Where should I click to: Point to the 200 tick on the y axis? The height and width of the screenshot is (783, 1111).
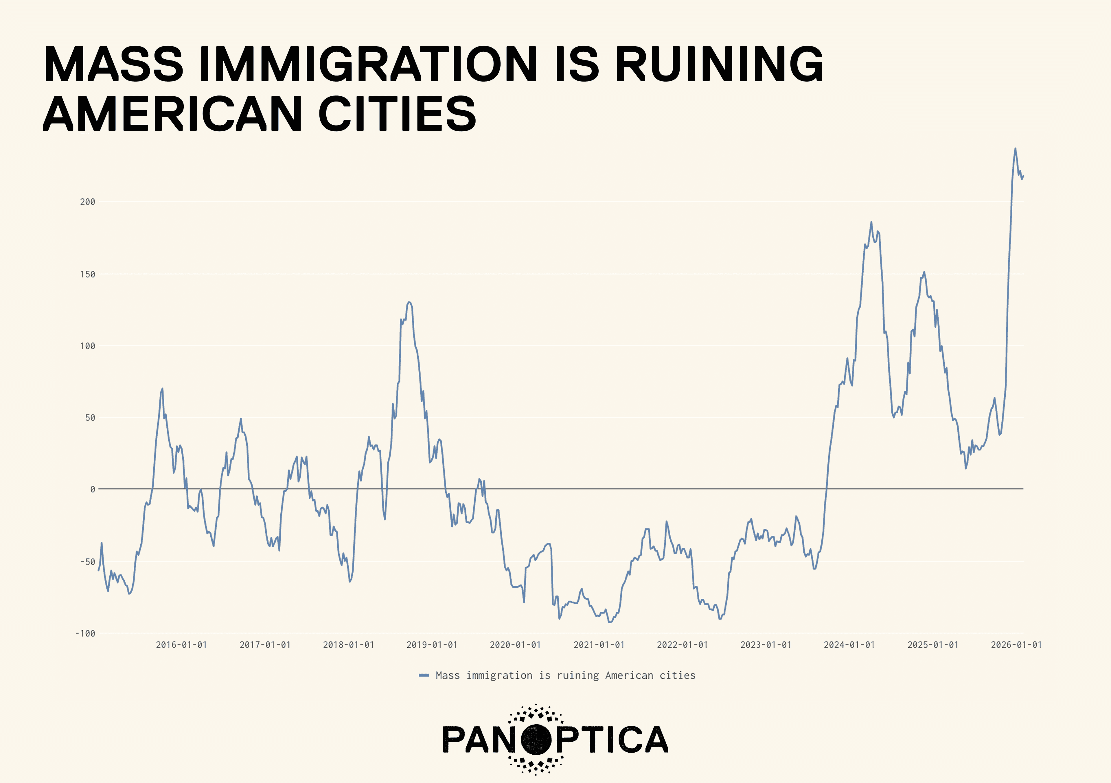[x=88, y=202]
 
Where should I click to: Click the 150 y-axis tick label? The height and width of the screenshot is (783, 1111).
[x=88, y=274]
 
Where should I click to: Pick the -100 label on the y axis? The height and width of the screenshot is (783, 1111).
[x=85, y=633]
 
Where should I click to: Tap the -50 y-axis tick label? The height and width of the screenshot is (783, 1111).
[x=88, y=561]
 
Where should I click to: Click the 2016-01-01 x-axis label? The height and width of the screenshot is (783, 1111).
[x=181, y=645]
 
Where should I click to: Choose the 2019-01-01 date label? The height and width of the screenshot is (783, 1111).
[x=432, y=645]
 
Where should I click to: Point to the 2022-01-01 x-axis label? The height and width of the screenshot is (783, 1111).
[x=682, y=645]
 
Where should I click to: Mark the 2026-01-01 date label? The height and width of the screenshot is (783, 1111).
[x=1016, y=645]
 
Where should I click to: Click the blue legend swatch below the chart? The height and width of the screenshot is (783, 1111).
[x=424, y=675]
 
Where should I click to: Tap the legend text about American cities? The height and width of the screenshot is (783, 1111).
[x=565, y=675]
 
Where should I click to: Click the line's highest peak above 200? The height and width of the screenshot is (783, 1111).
[x=1015, y=149]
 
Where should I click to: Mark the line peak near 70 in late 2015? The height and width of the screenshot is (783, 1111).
[x=162, y=388]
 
